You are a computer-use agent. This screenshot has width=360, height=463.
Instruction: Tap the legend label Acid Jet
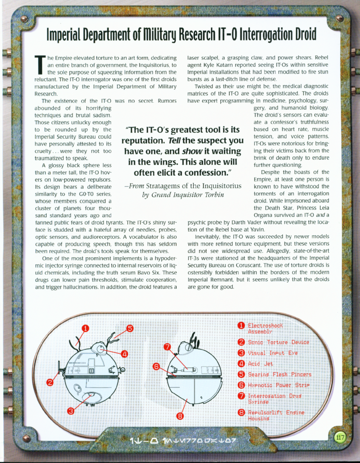pyautogui.click(x=260, y=364)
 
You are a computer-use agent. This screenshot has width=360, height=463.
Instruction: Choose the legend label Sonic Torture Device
pyautogui.click(x=278, y=342)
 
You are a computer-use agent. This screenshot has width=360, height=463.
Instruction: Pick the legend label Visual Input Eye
pyautogui.click(x=272, y=353)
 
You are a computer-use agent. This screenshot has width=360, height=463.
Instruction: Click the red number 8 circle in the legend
pyautogui.click(x=240, y=413)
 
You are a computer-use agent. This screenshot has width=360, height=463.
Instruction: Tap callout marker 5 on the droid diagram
pyautogui.click(x=130, y=329)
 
